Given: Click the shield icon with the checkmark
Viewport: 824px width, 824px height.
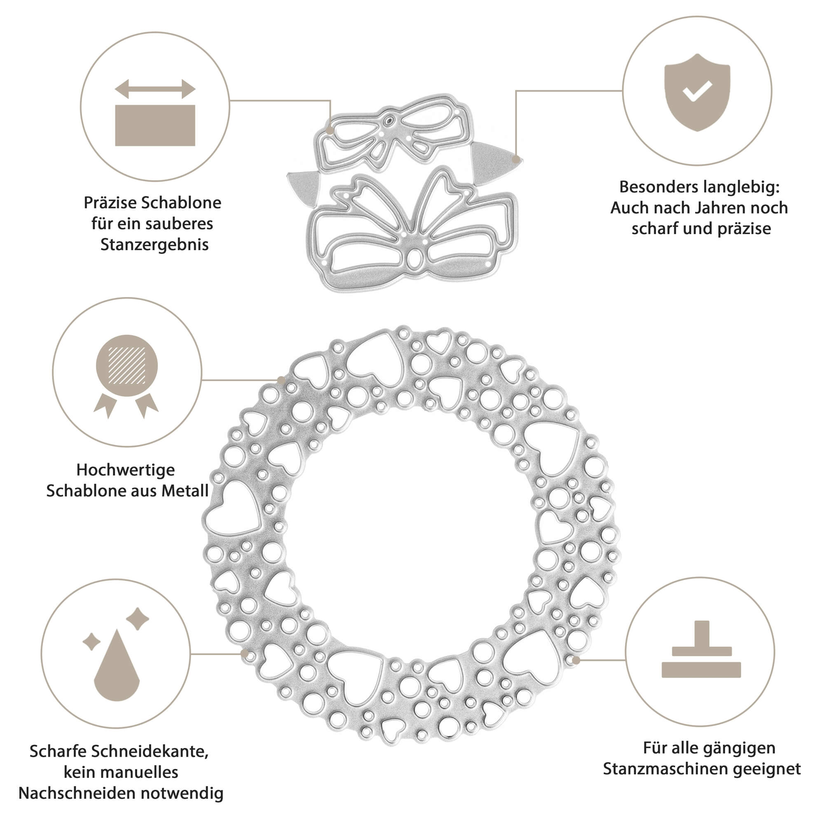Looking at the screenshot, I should pos(697,92).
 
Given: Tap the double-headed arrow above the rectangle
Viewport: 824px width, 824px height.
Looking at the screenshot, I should pos(155,89).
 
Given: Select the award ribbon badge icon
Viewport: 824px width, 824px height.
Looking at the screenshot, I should pos(126,375).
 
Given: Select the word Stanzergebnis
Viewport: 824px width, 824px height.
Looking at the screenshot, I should pos(154,245).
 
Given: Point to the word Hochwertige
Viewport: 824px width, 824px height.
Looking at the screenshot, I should pos(125,470).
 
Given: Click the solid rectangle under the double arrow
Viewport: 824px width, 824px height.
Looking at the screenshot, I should pos(155,125).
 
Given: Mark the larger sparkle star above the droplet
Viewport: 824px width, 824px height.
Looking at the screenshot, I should pos(138,618).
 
